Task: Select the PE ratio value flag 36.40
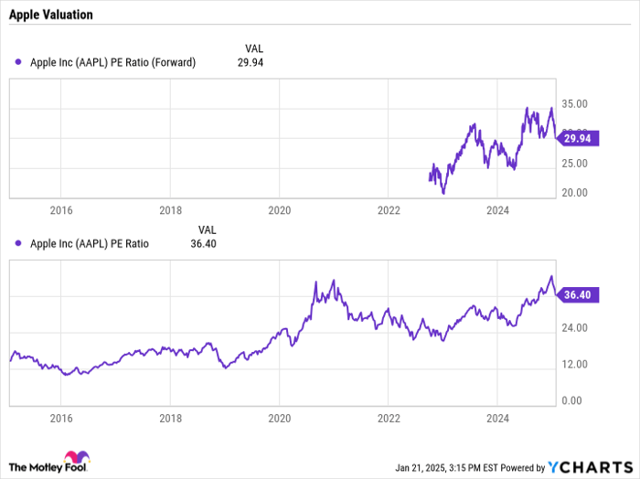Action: point(581,294)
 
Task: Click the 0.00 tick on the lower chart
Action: point(572,400)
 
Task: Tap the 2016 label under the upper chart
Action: point(61,210)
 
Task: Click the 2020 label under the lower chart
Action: point(279,418)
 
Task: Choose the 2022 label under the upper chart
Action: point(389,210)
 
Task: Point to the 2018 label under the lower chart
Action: point(170,418)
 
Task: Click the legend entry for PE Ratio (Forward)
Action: point(112,62)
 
